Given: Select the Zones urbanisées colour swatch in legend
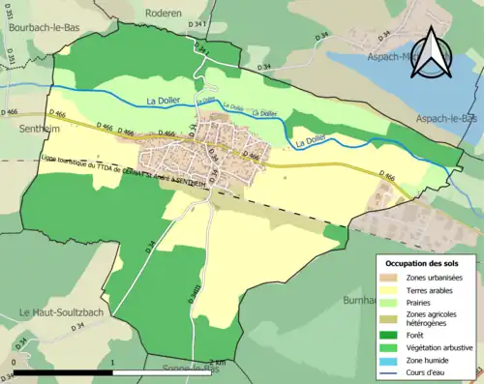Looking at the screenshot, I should pyautogui.click(x=390, y=278).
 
